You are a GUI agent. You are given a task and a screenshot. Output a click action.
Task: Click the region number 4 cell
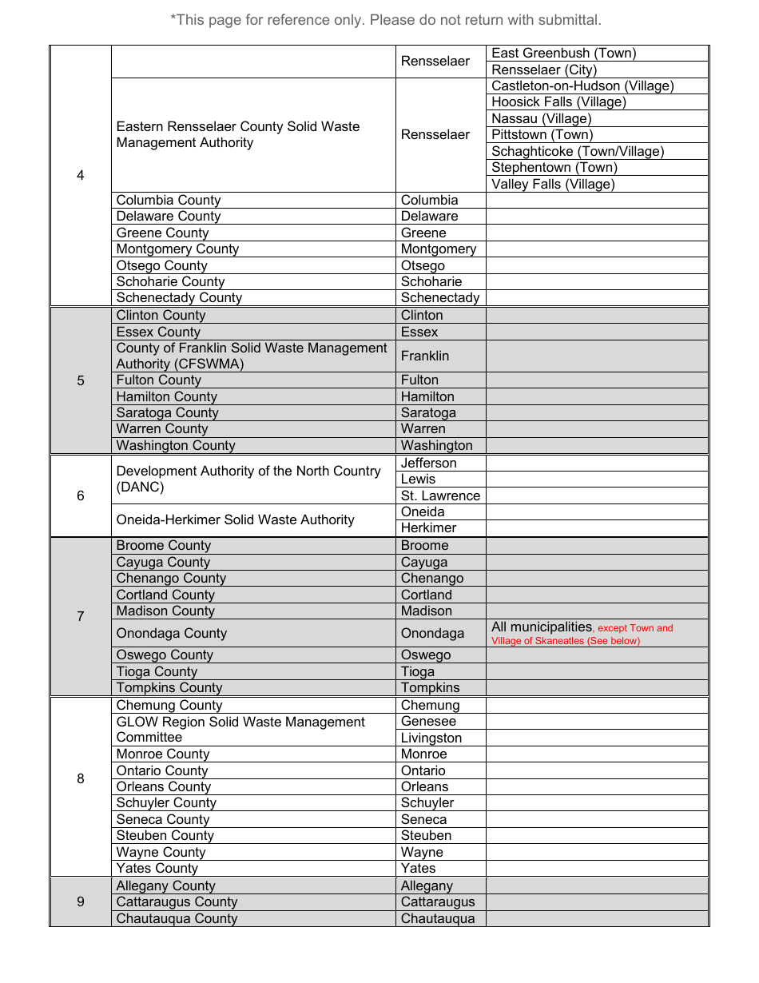coord(81,175)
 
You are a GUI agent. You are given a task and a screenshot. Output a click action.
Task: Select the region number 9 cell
coord(81,901)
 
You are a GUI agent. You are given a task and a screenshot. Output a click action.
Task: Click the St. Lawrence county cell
coord(440,495)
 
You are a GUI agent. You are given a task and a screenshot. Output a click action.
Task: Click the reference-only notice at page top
coord(385,20)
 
